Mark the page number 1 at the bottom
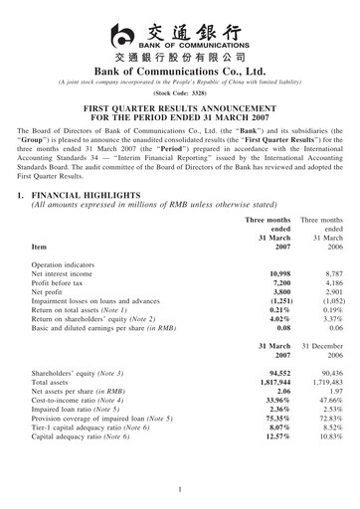pyautogui.click(x=180, y=490)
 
